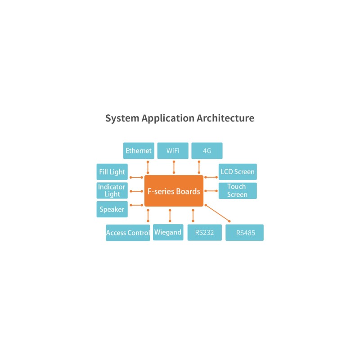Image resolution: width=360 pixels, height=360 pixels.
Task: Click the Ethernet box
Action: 139,151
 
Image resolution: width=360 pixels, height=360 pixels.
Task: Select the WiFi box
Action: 173,151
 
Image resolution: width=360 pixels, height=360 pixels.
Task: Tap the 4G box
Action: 207,151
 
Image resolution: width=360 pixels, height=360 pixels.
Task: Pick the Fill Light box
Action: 112,172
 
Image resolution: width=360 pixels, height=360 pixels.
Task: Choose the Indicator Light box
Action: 112,190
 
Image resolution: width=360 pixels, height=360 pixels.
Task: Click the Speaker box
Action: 112,209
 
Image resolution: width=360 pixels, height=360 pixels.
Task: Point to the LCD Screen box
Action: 238,172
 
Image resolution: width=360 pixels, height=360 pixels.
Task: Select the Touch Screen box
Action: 238,190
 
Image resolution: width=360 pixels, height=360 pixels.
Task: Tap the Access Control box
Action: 128,233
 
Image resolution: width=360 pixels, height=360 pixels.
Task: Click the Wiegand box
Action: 168,232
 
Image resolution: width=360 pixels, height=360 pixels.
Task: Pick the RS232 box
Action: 205,233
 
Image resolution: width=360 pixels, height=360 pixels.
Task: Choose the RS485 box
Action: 244,233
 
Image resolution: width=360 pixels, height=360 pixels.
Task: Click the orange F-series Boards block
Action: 174,191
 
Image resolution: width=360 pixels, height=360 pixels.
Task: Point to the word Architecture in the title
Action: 225,118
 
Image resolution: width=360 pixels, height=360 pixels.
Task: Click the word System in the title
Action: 122,118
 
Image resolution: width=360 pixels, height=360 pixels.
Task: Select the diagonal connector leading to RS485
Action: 217,213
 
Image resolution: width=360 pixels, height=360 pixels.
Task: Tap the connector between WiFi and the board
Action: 174,167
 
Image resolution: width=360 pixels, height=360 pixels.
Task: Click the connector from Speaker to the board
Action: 136,205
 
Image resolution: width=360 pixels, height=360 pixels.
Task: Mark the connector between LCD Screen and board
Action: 211,177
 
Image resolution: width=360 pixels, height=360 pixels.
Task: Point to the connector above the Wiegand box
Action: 170,216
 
